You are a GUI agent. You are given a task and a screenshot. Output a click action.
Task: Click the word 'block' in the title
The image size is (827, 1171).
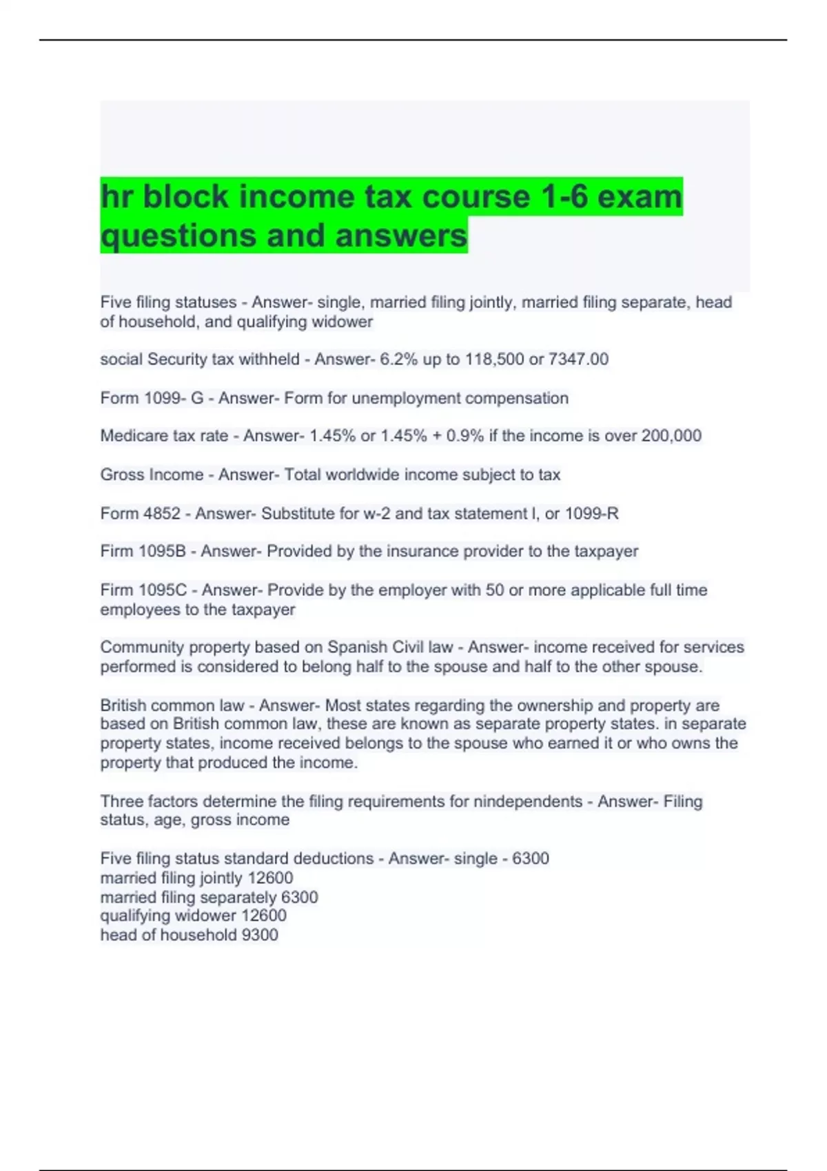185,197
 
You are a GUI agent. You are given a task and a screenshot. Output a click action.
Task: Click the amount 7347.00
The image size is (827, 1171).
578,359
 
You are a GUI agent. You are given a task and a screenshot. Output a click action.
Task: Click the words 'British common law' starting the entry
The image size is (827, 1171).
172,705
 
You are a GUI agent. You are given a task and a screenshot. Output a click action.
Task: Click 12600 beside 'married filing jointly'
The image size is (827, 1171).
270,878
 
